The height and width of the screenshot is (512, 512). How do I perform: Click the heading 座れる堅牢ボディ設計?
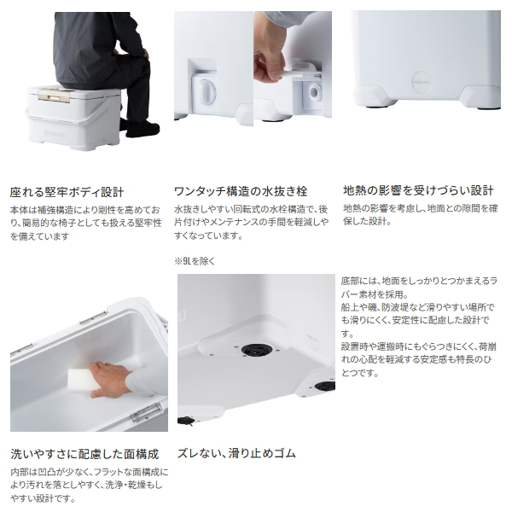click(67, 192)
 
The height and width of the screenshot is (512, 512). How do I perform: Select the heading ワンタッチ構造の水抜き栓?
click(241, 191)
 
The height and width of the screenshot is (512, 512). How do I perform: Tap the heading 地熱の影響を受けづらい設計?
click(418, 190)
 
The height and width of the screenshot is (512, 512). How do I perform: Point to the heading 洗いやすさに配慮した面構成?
click(84, 454)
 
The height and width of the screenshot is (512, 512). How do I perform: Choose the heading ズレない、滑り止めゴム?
click(236, 453)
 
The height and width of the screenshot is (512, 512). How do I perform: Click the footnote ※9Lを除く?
click(195, 261)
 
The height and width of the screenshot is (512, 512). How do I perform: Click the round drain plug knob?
click(206, 92)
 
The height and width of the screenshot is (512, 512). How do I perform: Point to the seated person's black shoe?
click(143, 130)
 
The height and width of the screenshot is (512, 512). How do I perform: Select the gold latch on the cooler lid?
click(54, 95)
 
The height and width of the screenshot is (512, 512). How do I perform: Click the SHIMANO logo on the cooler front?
click(55, 134)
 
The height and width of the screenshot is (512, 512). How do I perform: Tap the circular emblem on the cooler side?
click(422, 82)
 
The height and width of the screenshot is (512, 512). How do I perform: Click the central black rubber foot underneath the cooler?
click(257, 350)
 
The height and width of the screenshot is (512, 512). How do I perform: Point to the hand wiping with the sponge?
click(109, 379)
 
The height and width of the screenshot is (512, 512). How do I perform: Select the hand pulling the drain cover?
click(269, 65)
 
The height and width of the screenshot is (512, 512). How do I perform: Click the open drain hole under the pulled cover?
click(316, 90)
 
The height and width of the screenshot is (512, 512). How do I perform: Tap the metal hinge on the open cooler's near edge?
click(147, 412)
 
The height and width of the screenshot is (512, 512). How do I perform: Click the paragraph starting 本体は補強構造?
click(85, 223)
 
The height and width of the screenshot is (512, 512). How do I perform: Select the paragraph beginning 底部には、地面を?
click(419, 327)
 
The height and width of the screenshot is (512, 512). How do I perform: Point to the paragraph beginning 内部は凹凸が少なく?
click(89, 486)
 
